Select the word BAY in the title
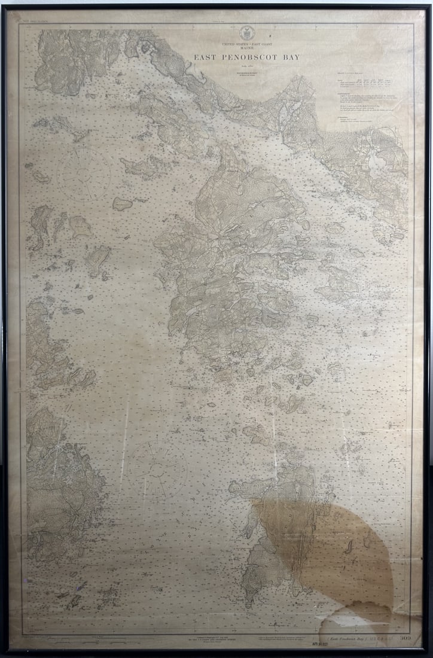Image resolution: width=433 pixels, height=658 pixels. point(289,57)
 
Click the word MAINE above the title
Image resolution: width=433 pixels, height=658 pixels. point(247,48)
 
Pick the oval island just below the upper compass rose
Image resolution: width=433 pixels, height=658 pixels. point(122,204)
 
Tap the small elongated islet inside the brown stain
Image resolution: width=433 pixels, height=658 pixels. point(349,546)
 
